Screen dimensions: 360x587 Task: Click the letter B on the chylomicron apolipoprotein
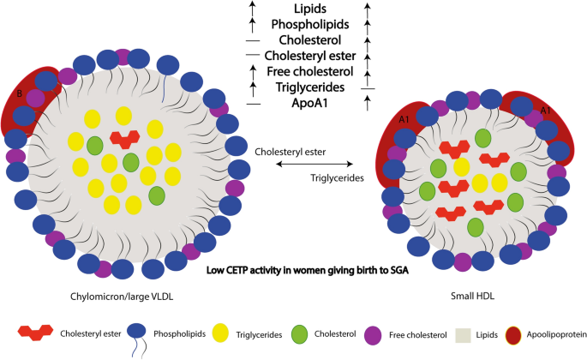pos(20,93)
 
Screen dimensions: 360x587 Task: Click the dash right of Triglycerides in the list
pos(368,88)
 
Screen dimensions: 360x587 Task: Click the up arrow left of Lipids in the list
pos(253,9)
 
